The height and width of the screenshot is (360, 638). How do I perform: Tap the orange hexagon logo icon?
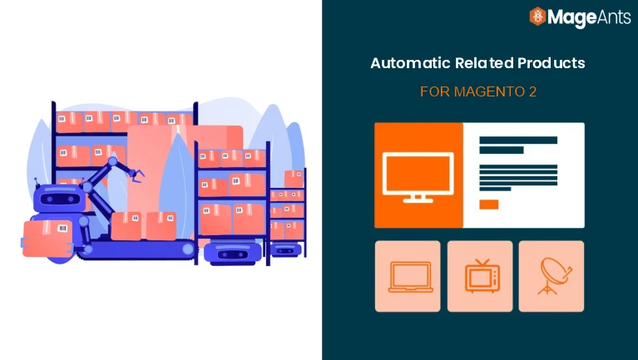click(x=537, y=17)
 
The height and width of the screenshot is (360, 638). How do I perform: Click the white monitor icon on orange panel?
click(x=418, y=175)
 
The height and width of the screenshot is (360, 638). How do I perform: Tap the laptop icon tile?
click(x=408, y=276)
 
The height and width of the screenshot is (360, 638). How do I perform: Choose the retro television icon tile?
click(x=479, y=276)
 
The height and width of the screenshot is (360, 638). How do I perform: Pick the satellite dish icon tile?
click(x=551, y=276)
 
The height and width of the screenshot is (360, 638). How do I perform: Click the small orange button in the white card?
click(x=489, y=205)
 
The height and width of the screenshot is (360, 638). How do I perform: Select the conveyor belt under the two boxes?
click(x=137, y=246)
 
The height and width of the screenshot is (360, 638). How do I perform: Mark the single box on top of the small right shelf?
click(x=294, y=179)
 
